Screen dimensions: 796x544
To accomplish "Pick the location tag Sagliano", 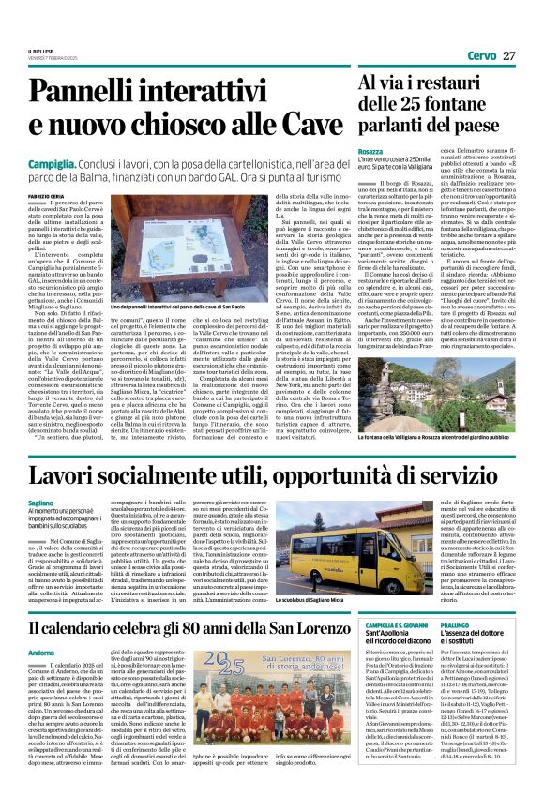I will [x=41, y=503].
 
